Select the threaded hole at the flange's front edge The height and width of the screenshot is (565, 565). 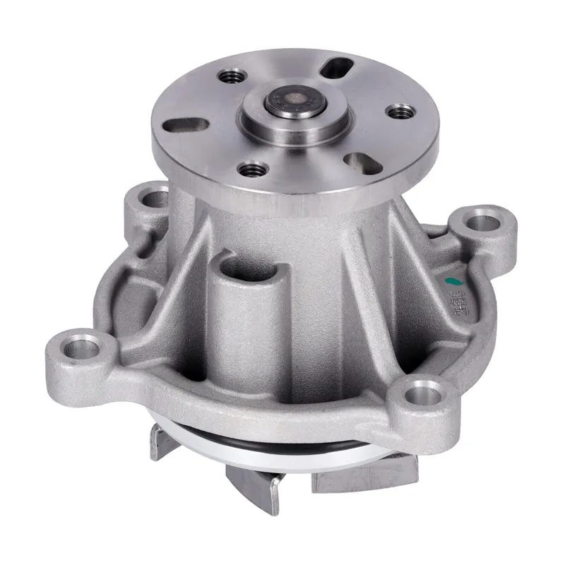[x=252, y=169]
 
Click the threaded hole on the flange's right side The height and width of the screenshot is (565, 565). [x=400, y=111]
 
